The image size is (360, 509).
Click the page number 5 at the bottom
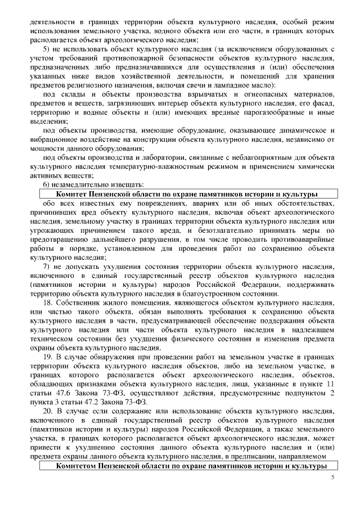click(x=332, y=477)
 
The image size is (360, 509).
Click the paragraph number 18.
click(x=48, y=303)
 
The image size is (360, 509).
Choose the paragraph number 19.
click(x=48, y=357)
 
